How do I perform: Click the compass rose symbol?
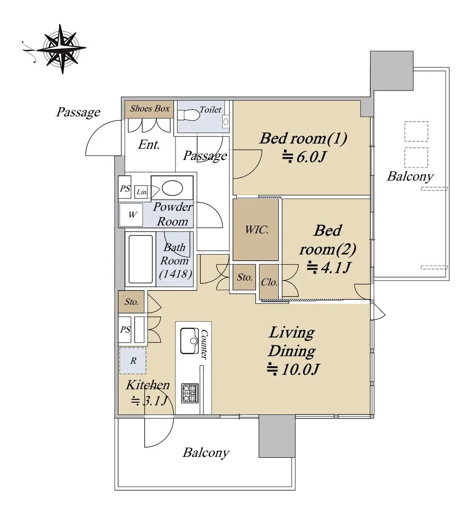point(61,49)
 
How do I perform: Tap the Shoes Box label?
point(150,109)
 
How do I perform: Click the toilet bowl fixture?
point(189,115)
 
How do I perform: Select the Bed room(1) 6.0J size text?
point(304,157)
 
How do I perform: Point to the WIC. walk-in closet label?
point(256,230)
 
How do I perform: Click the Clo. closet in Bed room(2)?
point(269,282)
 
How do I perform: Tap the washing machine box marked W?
point(131,215)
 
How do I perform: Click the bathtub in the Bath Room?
point(141,259)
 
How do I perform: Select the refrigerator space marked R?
point(133,361)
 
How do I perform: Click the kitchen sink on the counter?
point(189,341)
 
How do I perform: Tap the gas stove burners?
point(190,393)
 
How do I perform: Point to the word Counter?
point(204,345)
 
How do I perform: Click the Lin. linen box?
point(141,192)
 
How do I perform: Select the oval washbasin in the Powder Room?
point(172,188)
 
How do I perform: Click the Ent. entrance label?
point(149,145)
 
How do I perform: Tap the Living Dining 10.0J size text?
point(293,369)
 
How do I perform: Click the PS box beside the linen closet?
point(125,189)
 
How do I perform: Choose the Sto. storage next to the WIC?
point(245,277)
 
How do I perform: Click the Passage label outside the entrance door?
point(79,112)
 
